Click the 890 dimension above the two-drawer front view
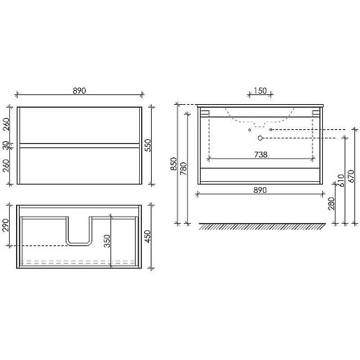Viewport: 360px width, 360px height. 80,90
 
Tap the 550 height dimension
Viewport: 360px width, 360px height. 148,145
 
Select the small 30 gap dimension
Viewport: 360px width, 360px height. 6,145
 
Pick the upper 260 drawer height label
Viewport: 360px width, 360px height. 6,124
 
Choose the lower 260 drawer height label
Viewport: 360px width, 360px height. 6,166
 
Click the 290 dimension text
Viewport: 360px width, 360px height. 6,225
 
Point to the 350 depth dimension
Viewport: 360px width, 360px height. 107,241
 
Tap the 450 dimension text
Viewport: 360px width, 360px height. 148,236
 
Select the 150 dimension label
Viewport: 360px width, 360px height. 260,90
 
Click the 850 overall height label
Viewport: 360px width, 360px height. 174,164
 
